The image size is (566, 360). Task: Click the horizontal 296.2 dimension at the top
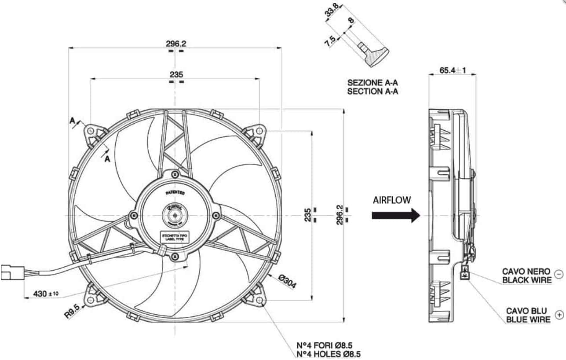pyautogui.click(x=176, y=43)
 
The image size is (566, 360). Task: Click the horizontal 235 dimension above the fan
pyautogui.click(x=176, y=74)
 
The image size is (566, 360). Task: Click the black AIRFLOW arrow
pyautogui.click(x=395, y=215)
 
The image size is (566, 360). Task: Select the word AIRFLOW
pyautogui.click(x=392, y=200)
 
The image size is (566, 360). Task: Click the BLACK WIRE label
pyautogui.click(x=526, y=279)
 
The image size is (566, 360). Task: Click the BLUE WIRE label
pyautogui.click(x=528, y=320)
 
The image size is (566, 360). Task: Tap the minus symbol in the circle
pyautogui.click(x=559, y=274)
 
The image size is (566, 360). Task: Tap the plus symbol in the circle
pyautogui.click(x=559, y=314)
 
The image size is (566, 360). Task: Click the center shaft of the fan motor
pyautogui.click(x=175, y=215)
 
